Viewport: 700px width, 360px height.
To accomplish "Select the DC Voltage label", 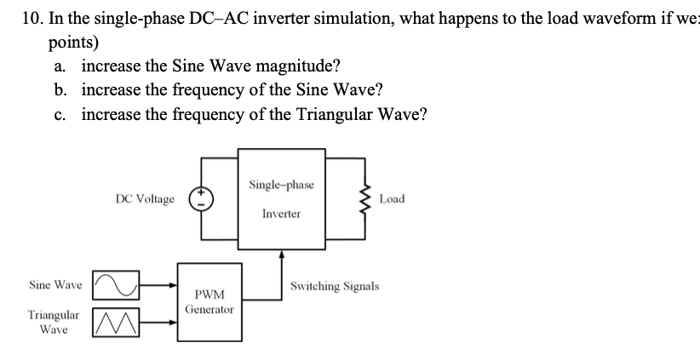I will pyautogui.click(x=145, y=199).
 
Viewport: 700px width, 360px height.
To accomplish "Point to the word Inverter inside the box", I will pyautogui.click(x=281, y=214).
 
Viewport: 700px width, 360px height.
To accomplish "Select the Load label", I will pyautogui.click(x=393, y=199).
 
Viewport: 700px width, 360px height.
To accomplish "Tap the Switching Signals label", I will pyautogui.click(x=335, y=287).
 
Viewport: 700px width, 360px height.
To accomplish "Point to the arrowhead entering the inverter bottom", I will pyautogui.click(x=281, y=256).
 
